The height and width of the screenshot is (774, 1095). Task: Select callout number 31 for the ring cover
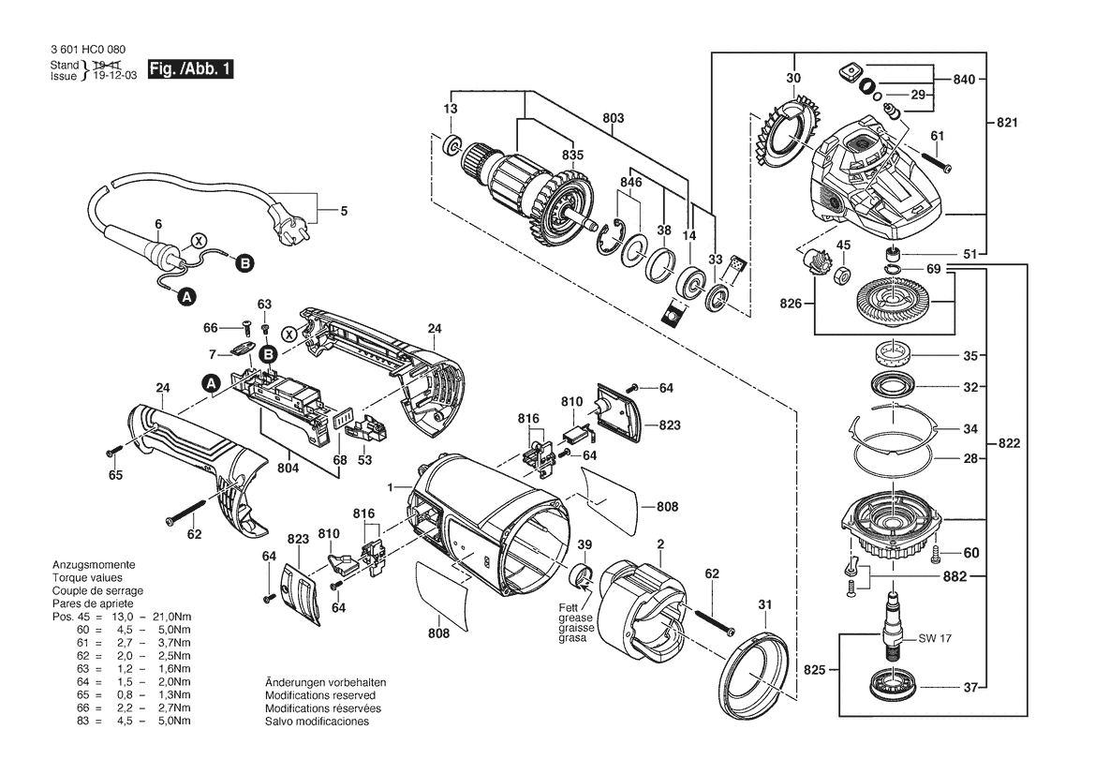(764, 605)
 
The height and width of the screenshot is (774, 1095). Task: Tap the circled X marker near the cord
(199, 240)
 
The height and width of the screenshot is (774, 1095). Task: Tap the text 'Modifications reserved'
(319, 696)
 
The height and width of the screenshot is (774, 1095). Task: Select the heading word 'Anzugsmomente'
(95, 566)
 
